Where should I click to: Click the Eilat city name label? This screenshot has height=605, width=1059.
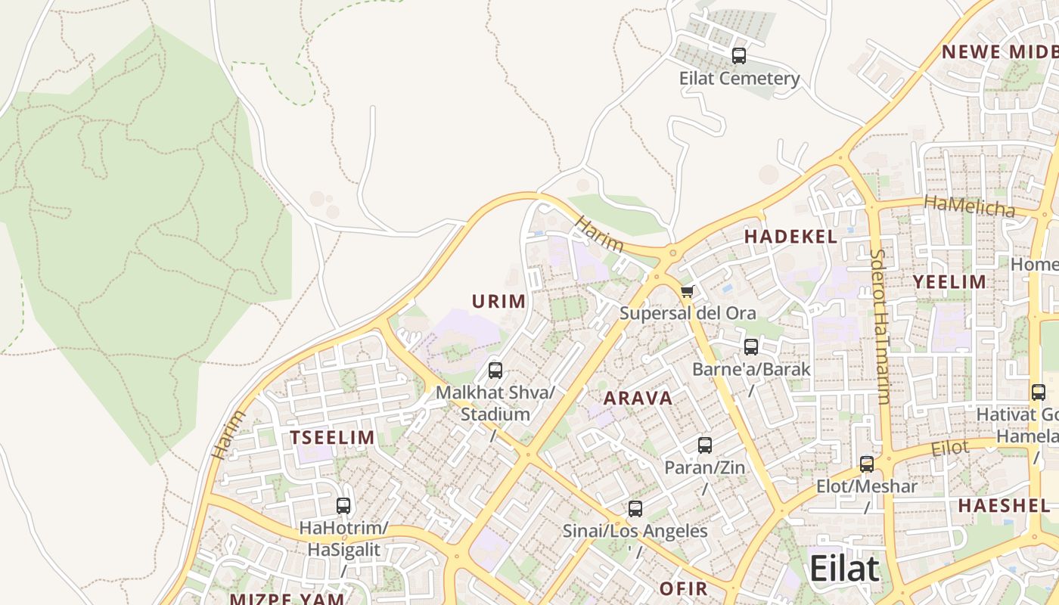tap(844, 569)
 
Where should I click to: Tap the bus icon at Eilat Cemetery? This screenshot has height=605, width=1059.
tap(739, 55)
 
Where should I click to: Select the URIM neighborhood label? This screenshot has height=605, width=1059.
tap(498, 302)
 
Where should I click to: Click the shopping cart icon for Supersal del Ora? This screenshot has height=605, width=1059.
tap(687, 292)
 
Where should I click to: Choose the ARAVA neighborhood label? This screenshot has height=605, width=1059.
tap(638, 399)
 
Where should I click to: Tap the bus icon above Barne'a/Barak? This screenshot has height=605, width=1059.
tap(751, 347)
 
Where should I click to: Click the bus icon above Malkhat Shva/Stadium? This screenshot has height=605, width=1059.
tap(495, 371)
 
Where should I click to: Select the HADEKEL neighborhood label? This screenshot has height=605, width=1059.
tap(790, 237)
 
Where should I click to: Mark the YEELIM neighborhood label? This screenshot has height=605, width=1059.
tap(949, 282)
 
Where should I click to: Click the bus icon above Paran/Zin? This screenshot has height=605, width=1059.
tap(705, 445)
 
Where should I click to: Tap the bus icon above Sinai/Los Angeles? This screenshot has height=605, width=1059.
tap(635, 509)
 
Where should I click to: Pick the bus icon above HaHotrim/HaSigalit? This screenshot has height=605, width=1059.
tap(343, 506)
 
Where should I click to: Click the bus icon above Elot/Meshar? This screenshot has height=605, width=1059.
tap(867, 464)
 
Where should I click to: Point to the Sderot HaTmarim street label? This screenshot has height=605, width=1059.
tap(880, 326)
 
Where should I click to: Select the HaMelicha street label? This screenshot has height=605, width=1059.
tap(969, 206)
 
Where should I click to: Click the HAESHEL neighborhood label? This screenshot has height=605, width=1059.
tap(1004, 505)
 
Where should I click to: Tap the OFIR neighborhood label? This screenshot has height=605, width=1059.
tap(683, 588)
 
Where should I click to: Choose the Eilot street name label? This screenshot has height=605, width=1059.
tap(949, 448)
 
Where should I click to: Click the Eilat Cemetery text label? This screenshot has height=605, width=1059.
tap(739, 79)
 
